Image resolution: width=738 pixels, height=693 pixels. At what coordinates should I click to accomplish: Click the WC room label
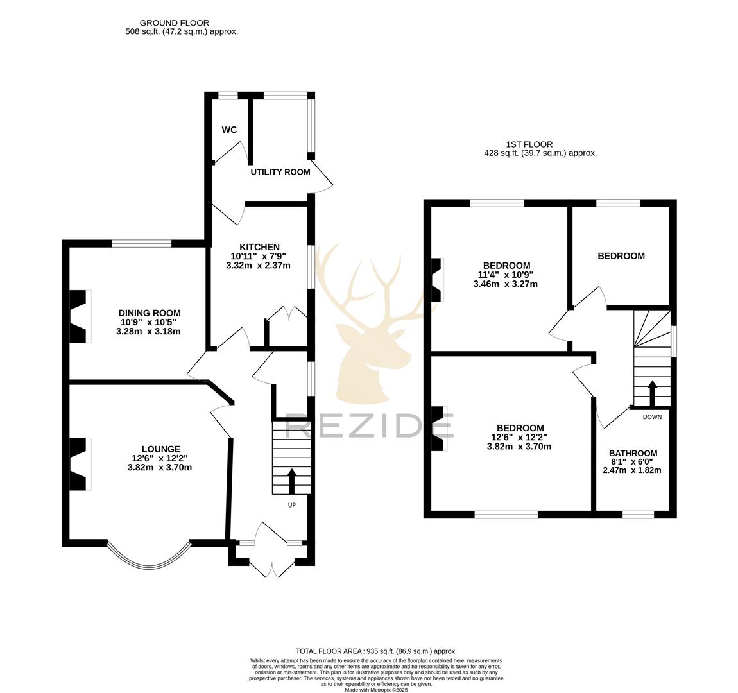tap(229, 130)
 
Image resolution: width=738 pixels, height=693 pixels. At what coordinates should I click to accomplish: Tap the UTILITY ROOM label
tap(280, 172)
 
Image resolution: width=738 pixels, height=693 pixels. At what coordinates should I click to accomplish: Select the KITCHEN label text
tap(259, 247)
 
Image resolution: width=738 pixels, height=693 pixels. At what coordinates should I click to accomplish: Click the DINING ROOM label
tap(149, 313)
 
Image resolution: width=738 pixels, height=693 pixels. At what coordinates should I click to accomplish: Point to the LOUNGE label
tap(160, 449)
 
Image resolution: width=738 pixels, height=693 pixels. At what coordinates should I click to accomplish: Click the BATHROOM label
tap(633, 453)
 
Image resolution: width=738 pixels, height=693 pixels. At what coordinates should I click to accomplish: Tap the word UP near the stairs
tap(291, 505)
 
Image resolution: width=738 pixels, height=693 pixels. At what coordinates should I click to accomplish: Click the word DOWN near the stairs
tap(652, 416)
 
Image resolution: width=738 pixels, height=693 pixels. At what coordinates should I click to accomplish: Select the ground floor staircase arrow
tap(291, 480)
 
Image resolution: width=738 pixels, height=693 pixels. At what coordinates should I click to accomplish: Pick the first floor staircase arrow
tap(652, 393)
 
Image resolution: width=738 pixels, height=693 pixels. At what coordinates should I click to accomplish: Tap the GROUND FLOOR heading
tap(166, 22)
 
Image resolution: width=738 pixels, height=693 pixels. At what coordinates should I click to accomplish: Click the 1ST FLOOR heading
tap(528, 144)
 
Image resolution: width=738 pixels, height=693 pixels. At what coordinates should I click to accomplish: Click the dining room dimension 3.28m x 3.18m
tap(148, 332)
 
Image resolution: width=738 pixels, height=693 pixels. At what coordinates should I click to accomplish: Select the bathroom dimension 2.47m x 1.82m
tap(632, 470)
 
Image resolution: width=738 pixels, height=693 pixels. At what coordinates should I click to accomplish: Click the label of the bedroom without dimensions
tap(621, 256)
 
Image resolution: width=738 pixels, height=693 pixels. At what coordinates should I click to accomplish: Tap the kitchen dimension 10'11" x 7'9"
tap(259, 257)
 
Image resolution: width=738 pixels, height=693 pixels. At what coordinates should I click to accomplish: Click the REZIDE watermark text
tap(370, 425)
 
